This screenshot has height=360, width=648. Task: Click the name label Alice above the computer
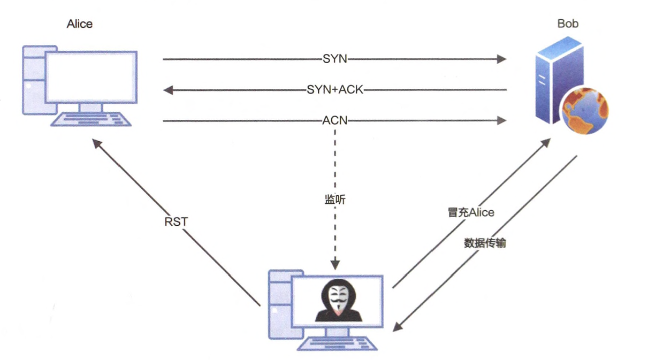(79, 24)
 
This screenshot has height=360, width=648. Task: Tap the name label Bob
(568, 24)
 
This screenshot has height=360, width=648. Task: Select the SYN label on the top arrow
(335, 59)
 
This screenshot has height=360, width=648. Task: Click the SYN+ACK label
(335, 90)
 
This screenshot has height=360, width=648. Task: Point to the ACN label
(335, 121)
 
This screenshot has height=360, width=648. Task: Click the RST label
(176, 221)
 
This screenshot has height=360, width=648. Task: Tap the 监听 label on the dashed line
(335, 200)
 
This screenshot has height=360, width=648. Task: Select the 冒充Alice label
(471, 212)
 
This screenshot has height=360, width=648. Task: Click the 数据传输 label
(485, 243)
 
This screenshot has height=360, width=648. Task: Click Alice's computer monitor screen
(90, 78)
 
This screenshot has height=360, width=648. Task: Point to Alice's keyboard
(91, 119)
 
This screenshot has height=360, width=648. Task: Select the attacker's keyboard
(337, 343)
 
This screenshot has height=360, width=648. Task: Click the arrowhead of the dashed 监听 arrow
(335, 265)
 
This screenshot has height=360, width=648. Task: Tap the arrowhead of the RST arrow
(96, 143)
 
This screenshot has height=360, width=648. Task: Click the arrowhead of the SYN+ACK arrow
(167, 90)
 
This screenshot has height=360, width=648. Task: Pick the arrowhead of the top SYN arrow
(502, 59)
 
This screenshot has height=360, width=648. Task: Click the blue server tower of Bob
(553, 80)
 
